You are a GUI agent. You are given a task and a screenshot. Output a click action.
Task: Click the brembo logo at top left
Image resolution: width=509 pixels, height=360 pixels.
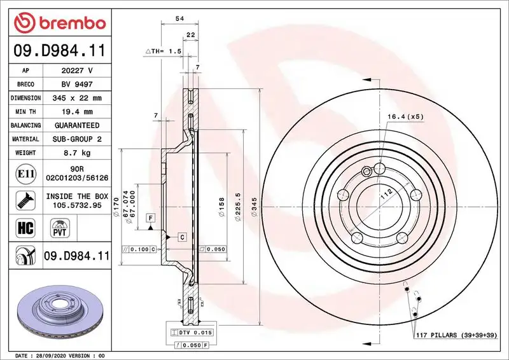(x=58, y=24)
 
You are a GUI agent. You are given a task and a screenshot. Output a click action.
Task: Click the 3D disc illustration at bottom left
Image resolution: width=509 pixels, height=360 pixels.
(x=57, y=312)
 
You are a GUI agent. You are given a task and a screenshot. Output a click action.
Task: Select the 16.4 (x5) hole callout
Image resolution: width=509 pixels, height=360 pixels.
(x=406, y=117)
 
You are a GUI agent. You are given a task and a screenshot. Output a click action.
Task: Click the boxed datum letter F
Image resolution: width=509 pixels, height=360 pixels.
(x=150, y=218)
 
